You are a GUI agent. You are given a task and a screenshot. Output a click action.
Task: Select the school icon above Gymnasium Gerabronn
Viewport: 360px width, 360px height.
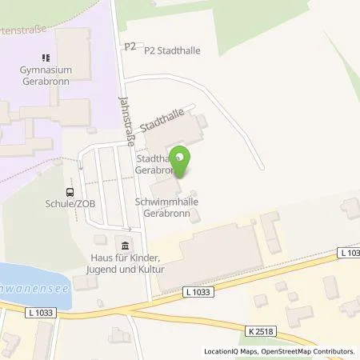click(45, 57)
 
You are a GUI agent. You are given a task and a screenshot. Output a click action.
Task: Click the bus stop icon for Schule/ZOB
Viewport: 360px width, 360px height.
click(70, 192)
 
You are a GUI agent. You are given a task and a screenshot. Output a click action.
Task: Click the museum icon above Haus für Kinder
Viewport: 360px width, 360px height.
click(125, 245)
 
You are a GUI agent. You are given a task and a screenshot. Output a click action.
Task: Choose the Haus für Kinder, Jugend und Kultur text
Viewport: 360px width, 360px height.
click(125, 264)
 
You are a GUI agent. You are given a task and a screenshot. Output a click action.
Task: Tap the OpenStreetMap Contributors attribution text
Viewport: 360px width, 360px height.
click(310, 351)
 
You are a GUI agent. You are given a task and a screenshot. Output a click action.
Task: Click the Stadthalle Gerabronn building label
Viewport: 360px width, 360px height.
click(152, 165)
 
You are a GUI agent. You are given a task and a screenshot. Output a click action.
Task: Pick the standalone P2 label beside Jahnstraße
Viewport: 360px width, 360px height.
click(130, 47)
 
